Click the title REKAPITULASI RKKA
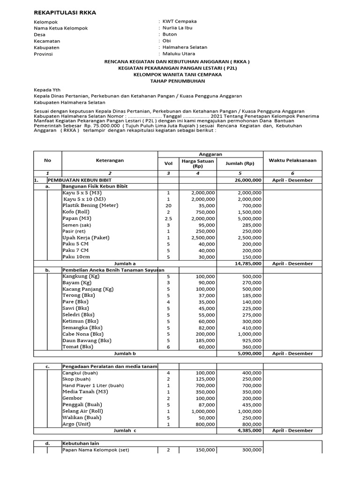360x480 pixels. pyautogui.click(x=65, y=13)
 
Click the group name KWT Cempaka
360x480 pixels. pyautogui.click(x=180, y=22)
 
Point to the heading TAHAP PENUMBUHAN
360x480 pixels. pyautogui.click(x=177, y=81)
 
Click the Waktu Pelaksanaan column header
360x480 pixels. pyautogui.click(x=292, y=160)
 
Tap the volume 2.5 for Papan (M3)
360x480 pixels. pyautogui.click(x=169, y=218)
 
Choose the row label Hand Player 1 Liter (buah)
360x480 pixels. pyautogui.click(x=91, y=385)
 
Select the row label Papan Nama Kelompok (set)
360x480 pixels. pyautogui.click(x=96, y=450)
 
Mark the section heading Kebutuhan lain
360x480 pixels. pyautogui.click(x=81, y=443)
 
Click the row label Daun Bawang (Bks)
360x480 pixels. pyautogui.click(x=87, y=340)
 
